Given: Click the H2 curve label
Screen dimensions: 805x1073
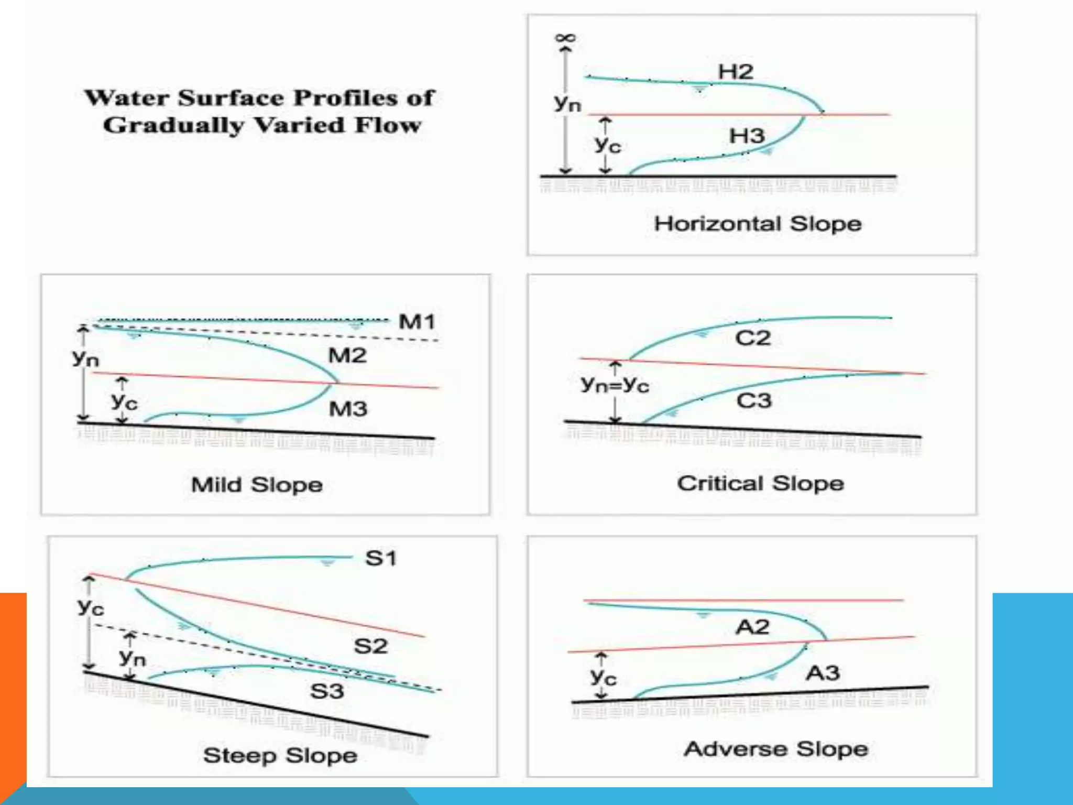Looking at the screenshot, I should click(735, 72).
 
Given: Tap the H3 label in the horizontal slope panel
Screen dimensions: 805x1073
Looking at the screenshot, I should click(747, 136).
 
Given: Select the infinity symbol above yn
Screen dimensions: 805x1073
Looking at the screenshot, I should click(565, 38).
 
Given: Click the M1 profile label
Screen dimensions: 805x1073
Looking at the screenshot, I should click(417, 322).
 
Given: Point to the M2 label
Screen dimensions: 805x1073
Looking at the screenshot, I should click(347, 356).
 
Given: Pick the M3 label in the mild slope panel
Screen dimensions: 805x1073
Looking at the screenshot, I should click(348, 409).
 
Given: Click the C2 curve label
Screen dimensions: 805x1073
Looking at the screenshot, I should click(753, 338).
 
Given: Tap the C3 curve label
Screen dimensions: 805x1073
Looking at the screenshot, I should click(754, 401).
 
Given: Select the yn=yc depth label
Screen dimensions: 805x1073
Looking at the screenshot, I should click(615, 385).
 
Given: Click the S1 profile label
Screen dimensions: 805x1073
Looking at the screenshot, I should click(380, 559).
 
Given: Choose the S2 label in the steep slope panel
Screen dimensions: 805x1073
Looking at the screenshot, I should click(370, 646).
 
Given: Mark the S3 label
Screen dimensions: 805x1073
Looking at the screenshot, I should click(327, 692).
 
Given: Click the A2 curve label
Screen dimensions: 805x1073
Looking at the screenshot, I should click(752, 627).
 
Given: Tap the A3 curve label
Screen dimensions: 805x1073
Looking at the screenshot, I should click(823, 673).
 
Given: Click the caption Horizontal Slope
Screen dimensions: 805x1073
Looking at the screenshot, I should click(758, 224).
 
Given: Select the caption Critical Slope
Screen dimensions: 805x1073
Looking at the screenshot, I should click(760, 484).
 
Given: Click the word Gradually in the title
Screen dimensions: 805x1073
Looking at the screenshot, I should click(173, 126).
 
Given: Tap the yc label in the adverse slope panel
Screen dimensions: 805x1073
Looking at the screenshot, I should click(603, 677).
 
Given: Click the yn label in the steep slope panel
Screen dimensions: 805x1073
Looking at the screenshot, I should click(132, 657).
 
